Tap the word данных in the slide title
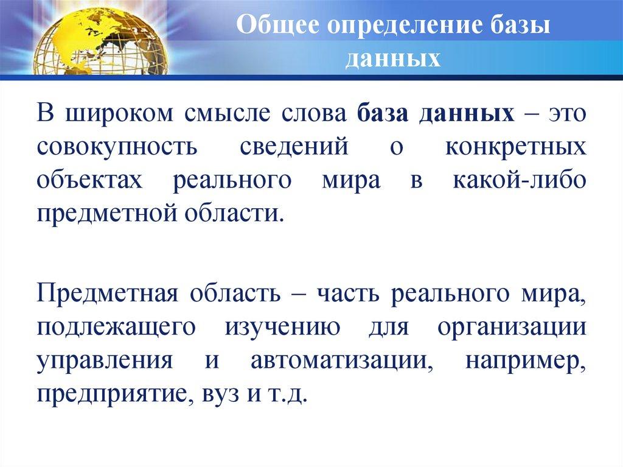pyautogui.click(x=394, y=59)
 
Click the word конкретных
pyautogui.click(x=518, y=148)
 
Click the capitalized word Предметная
pyautogui.click(x=106, y=295)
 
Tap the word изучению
pyautogui.click(x=284, y=328)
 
